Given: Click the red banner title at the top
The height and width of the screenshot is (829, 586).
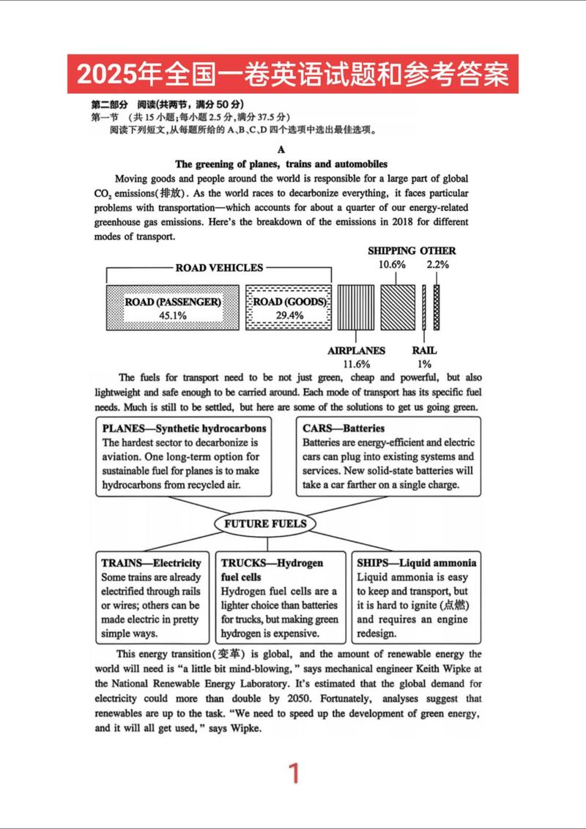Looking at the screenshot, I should (x=293, y=74).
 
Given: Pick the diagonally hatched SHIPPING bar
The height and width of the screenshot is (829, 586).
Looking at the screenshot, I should (x=395, y=308).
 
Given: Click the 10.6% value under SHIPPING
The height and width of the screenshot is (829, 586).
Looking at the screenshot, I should (x=392, y=264).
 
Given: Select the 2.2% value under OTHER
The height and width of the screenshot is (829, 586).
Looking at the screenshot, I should (x=437, y=264).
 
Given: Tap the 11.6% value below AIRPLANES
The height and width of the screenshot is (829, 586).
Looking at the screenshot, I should (x=357, y=363).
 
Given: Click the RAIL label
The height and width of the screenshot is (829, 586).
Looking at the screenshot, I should (x=424, y=351).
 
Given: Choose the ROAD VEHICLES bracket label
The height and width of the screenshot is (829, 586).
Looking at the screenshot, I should (x=219, y=268).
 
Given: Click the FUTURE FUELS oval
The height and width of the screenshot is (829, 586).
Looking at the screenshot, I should (x=265, y=524).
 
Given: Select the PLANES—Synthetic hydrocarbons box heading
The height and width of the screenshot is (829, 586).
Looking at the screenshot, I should (x=185, y=428).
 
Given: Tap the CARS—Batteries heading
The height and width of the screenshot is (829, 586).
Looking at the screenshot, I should (x=344, y=428).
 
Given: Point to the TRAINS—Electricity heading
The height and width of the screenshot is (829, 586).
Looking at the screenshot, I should (x=152, y=563).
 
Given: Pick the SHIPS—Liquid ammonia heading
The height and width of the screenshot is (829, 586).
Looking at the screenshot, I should (x=416, y=563).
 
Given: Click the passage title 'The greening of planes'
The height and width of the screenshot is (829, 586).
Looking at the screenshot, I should (x=281, y=164).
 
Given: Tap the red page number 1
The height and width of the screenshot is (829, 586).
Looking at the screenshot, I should (x=294, y=773).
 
